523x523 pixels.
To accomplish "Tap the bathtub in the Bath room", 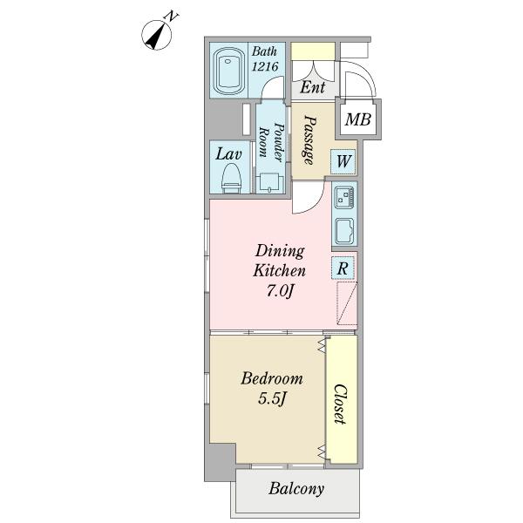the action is click(228, 71).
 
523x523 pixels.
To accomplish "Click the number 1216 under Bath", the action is click(265, 66).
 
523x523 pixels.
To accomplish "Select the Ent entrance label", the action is click(313, 87).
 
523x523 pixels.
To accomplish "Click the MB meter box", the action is click(358, 119).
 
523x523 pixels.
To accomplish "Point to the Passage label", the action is click(309, 140).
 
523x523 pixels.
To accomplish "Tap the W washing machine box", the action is click(343, 162).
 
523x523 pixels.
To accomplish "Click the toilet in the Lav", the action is click(231, 179).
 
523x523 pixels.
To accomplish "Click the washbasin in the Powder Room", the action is click(270, 183).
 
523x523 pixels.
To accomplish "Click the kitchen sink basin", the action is click(345, 231).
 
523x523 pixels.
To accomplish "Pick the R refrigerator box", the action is click(343, 268).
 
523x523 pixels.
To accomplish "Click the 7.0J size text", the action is click(280, 291).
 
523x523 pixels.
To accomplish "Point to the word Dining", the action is click(280, 252).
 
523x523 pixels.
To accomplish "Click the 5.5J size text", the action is click(272, 398).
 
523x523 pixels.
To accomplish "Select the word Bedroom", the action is click(271, 379).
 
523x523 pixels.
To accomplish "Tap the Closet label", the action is click(341, 404).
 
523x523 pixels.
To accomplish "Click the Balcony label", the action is click(296, 489).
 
